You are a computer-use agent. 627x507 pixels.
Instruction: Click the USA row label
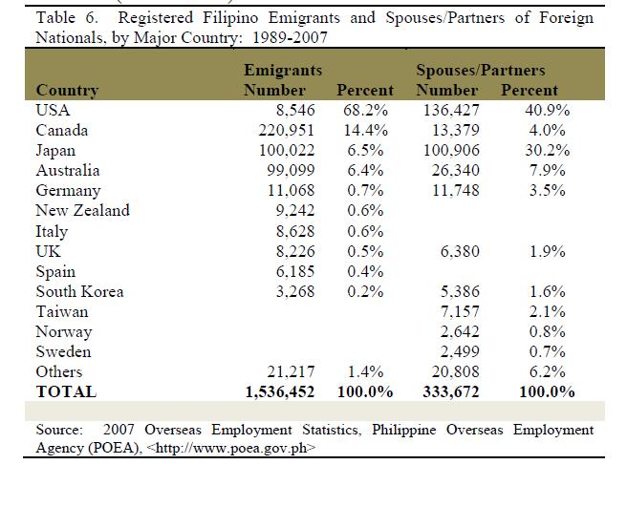[x=53, y=110]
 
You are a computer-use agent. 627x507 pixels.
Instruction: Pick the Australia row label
[x=68, y=170]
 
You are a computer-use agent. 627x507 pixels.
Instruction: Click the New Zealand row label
[x=82, y=210]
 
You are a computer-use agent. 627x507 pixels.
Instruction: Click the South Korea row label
[x=79, y=291]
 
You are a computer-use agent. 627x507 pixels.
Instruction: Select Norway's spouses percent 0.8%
[x=551, y=331]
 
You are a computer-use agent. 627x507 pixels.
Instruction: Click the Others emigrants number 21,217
[x=288, y=371]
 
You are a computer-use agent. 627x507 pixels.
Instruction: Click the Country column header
[x=67, y=90]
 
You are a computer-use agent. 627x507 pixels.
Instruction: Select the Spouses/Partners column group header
[x=481, y=70]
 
